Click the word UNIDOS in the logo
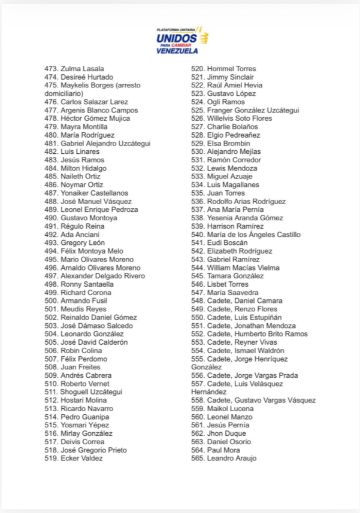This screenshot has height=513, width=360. (x=176, y=38)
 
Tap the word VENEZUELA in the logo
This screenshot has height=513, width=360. (x=177, y=51)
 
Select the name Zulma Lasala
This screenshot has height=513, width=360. (x=82, y=69)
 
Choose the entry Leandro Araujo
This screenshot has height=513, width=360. (x=231, y=459)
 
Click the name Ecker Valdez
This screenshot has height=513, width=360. (x=81, y=459)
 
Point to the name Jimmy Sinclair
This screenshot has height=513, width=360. (x=230, y=77)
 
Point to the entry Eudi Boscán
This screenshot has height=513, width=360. (x=227, y=243)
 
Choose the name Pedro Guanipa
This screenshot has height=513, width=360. (x=84, y=417)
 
